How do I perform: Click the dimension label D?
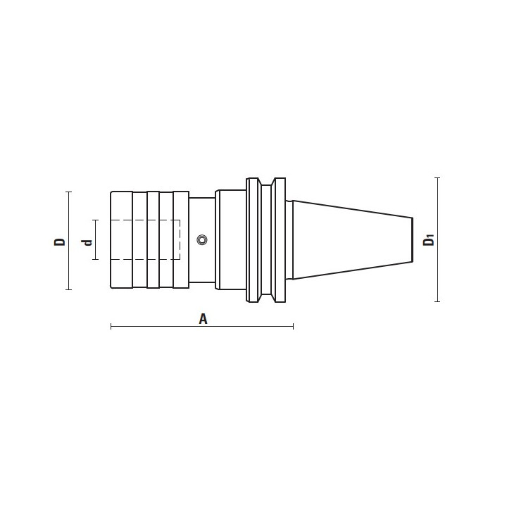point(59,242)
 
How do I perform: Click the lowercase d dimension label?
point(87,242)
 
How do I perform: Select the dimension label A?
point(203,319)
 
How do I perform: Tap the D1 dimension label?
point(429,240)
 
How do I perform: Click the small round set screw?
point(202,240)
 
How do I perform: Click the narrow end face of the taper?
point(412,239)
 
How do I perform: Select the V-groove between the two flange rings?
point(266,240)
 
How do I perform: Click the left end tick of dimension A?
point(111,326)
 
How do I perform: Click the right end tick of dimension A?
point(293,326)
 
